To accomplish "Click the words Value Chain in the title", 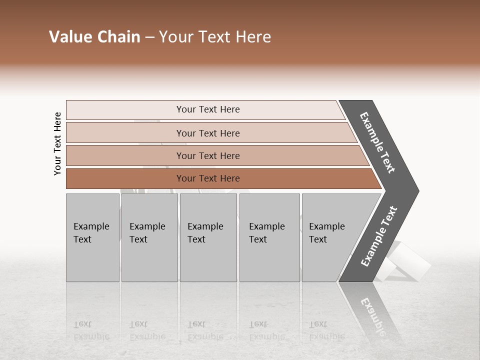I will point(94,37).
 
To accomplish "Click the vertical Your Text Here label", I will point(57,143).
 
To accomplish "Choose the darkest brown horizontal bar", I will point(125,178).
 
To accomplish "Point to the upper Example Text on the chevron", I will point(378,142).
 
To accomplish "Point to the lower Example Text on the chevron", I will point(379,236).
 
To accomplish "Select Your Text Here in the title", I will point(215,37).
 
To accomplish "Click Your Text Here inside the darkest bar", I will point(208,178).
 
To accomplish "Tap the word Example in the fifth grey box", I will point(326,226).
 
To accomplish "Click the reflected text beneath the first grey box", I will point(91,330).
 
